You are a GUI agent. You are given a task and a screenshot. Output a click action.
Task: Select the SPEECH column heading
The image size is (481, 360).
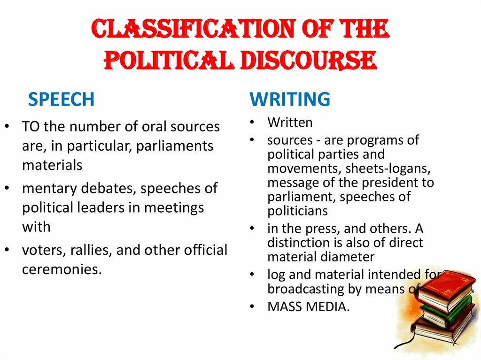61,100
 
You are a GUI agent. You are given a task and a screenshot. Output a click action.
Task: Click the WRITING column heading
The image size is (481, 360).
290,100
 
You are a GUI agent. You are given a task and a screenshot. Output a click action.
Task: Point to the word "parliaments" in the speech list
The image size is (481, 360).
175,146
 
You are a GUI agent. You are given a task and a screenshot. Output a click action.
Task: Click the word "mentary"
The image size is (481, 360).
49,189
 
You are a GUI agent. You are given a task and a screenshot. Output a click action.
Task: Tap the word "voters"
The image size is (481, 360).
44,250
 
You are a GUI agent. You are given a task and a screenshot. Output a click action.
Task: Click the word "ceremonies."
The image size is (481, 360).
62,269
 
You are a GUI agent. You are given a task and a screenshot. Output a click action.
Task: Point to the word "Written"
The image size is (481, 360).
290,123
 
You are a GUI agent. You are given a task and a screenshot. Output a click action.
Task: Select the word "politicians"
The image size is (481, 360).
298,211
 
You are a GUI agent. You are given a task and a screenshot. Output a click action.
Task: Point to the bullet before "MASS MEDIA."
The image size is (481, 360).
252,307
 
